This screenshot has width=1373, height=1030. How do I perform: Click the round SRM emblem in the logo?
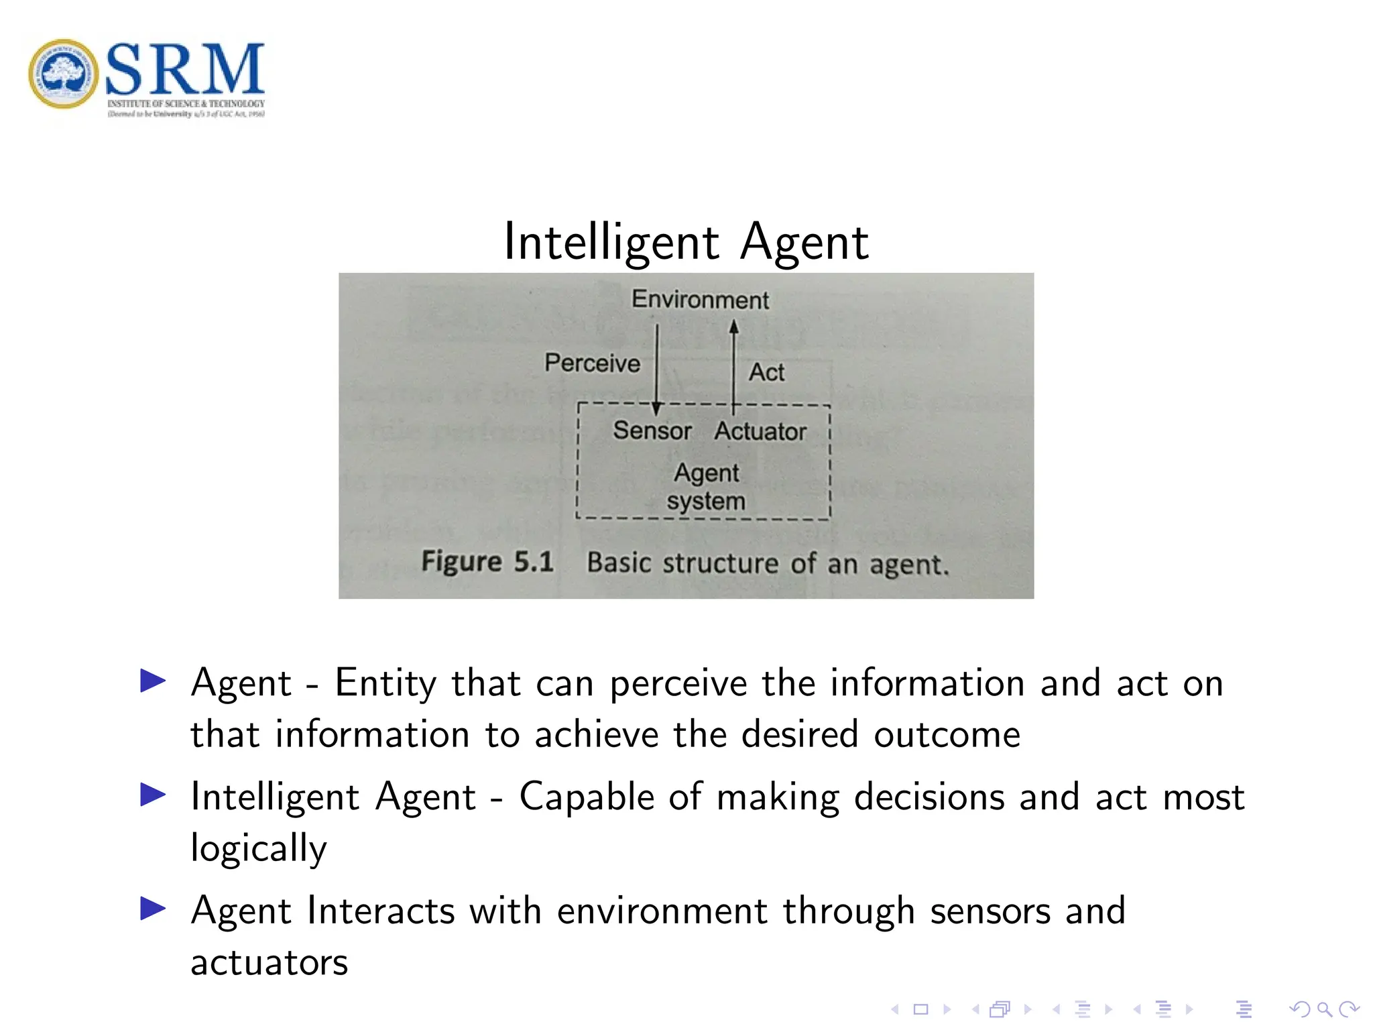(63, 74)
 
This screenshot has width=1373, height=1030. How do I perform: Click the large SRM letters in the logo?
(185, 69)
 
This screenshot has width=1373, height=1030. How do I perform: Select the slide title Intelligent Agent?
(686, 241)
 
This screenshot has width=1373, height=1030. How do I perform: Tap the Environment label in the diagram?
(700, 299)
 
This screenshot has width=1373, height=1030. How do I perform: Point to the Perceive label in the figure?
(592, 363)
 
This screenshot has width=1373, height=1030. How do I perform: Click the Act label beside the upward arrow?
(766, 372)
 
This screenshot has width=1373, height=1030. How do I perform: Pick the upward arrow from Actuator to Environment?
(733, 365)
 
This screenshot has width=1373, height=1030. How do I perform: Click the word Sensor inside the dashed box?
(652, 430)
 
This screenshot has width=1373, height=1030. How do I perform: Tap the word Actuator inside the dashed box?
(760, 431)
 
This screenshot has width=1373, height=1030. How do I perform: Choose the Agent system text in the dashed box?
(706, 487)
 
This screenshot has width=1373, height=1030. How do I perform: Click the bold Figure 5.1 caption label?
(487, 561)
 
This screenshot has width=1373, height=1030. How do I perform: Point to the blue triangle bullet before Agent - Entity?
(153, 681)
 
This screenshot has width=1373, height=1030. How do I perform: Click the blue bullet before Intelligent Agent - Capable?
(153, 795)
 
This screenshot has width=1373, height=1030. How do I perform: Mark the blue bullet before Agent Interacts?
(153, 909)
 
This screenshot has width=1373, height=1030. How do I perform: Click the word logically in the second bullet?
(259, 848)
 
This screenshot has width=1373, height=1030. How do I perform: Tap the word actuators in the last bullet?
(270, 962)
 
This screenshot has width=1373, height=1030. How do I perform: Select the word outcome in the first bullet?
(947, 734)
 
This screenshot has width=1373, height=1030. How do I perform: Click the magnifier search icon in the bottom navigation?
(1324, 1009)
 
